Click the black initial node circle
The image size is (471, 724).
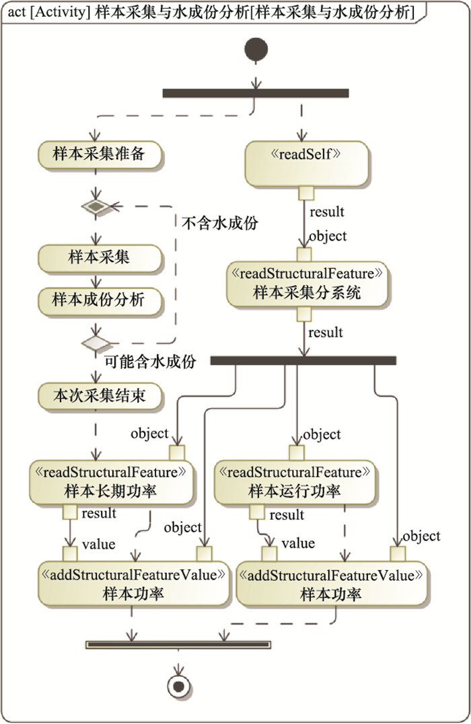tap(256, 50)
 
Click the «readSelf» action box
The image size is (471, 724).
tap(306, 163)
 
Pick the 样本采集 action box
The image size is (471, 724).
tap(99, 257)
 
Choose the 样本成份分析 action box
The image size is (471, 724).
tap(99, 300)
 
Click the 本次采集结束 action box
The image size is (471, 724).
tap(99, 396)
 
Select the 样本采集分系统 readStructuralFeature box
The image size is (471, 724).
tap(306, 284)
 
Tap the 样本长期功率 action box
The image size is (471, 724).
tap(111, 483)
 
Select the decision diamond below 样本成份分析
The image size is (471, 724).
tap(95, 344)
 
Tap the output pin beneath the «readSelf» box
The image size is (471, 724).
tap(306, 194)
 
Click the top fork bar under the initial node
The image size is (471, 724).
tap(256, 93)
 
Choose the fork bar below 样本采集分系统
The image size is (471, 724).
tap(303, 361)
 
